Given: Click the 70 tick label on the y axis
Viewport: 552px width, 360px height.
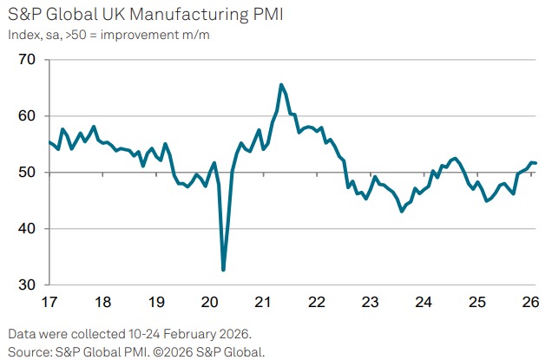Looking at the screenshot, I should pos(27,60).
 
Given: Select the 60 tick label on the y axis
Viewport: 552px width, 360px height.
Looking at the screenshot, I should pos(27,116).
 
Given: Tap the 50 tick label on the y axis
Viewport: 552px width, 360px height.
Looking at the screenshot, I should pos(27,173).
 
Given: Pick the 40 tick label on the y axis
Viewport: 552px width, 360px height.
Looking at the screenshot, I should pos(27,229).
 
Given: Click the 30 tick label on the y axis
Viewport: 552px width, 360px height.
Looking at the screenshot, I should pos(27,285).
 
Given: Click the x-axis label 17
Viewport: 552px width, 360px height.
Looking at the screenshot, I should pos(49,303).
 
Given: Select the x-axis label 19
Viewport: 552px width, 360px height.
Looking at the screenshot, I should pos(155,303).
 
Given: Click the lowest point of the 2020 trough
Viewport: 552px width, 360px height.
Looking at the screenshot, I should pos(224,270).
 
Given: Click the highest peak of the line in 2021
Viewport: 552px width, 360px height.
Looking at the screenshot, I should pos(281,84).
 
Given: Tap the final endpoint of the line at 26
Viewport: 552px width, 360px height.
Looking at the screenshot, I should pos(536,163).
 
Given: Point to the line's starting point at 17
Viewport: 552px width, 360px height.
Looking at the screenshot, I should pos(49,142).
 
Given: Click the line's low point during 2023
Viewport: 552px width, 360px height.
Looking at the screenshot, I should pos(402,211).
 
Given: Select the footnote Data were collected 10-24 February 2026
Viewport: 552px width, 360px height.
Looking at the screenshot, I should pos(129,333).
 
